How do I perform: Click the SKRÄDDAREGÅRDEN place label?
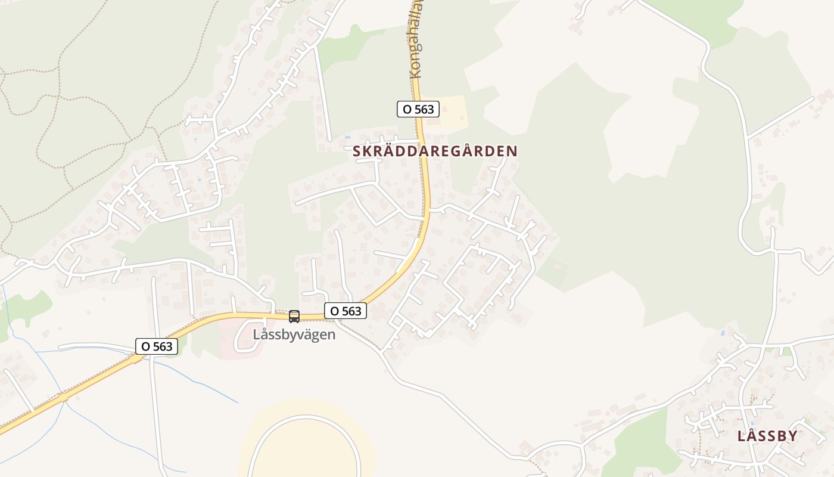(435, 151)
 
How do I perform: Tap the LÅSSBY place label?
(767, 436)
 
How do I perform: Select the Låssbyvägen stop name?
(294, 334)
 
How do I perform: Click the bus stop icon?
(294, 317)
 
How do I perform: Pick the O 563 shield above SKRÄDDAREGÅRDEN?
(418, 109)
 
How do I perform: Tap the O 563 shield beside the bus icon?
(346, 311)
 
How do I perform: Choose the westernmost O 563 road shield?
(157, 346)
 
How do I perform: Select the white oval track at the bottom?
(304, 447)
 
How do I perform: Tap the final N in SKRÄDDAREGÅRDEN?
(512, 151)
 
